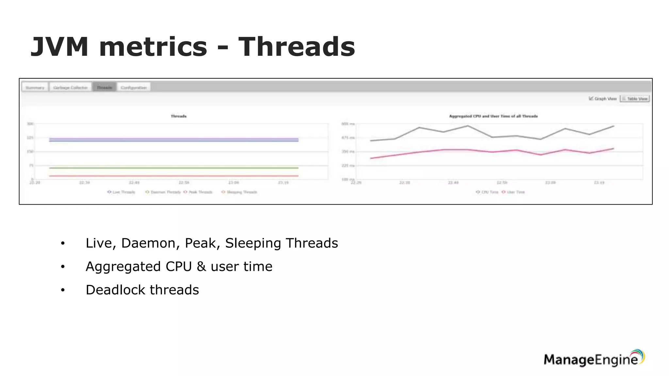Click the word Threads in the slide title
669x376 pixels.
(x=296, y=47)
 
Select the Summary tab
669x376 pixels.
(x=35, y=87)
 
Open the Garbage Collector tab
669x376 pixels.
(x=71, y=87)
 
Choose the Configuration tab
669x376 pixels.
(x=134, y=87)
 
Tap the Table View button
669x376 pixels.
(x=635, y=99)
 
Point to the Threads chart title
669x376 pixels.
(x=179, y=116)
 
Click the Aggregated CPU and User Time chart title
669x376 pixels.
(x=493, y=116)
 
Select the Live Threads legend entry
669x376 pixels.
(x=122, y=192)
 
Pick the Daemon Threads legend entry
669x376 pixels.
(x=163, y=192)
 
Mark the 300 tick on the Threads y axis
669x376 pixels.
(x=30, y=124)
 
